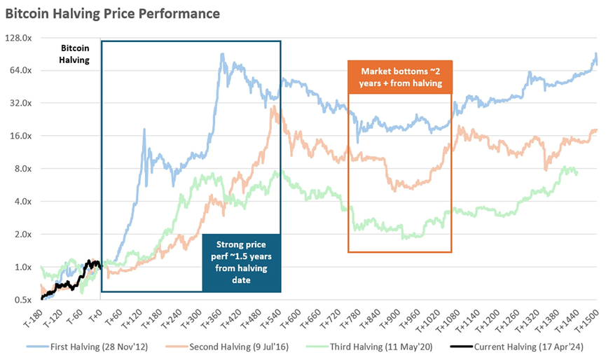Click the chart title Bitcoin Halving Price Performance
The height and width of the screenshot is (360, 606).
tap(112, 13)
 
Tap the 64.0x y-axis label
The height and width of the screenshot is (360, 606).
tap(20, 71)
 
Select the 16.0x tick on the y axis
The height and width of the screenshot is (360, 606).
tap(20, 136)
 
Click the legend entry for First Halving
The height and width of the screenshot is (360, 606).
tap(112, 346)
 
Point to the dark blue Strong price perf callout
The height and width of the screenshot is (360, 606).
tap(241, 262)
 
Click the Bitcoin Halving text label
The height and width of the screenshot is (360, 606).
tap(75, 54)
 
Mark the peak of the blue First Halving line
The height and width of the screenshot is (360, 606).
tap(223, 54)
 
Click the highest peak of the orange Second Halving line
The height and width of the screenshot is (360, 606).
tap(272, 108)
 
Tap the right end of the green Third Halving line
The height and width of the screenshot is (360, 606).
tap(577, 174)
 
